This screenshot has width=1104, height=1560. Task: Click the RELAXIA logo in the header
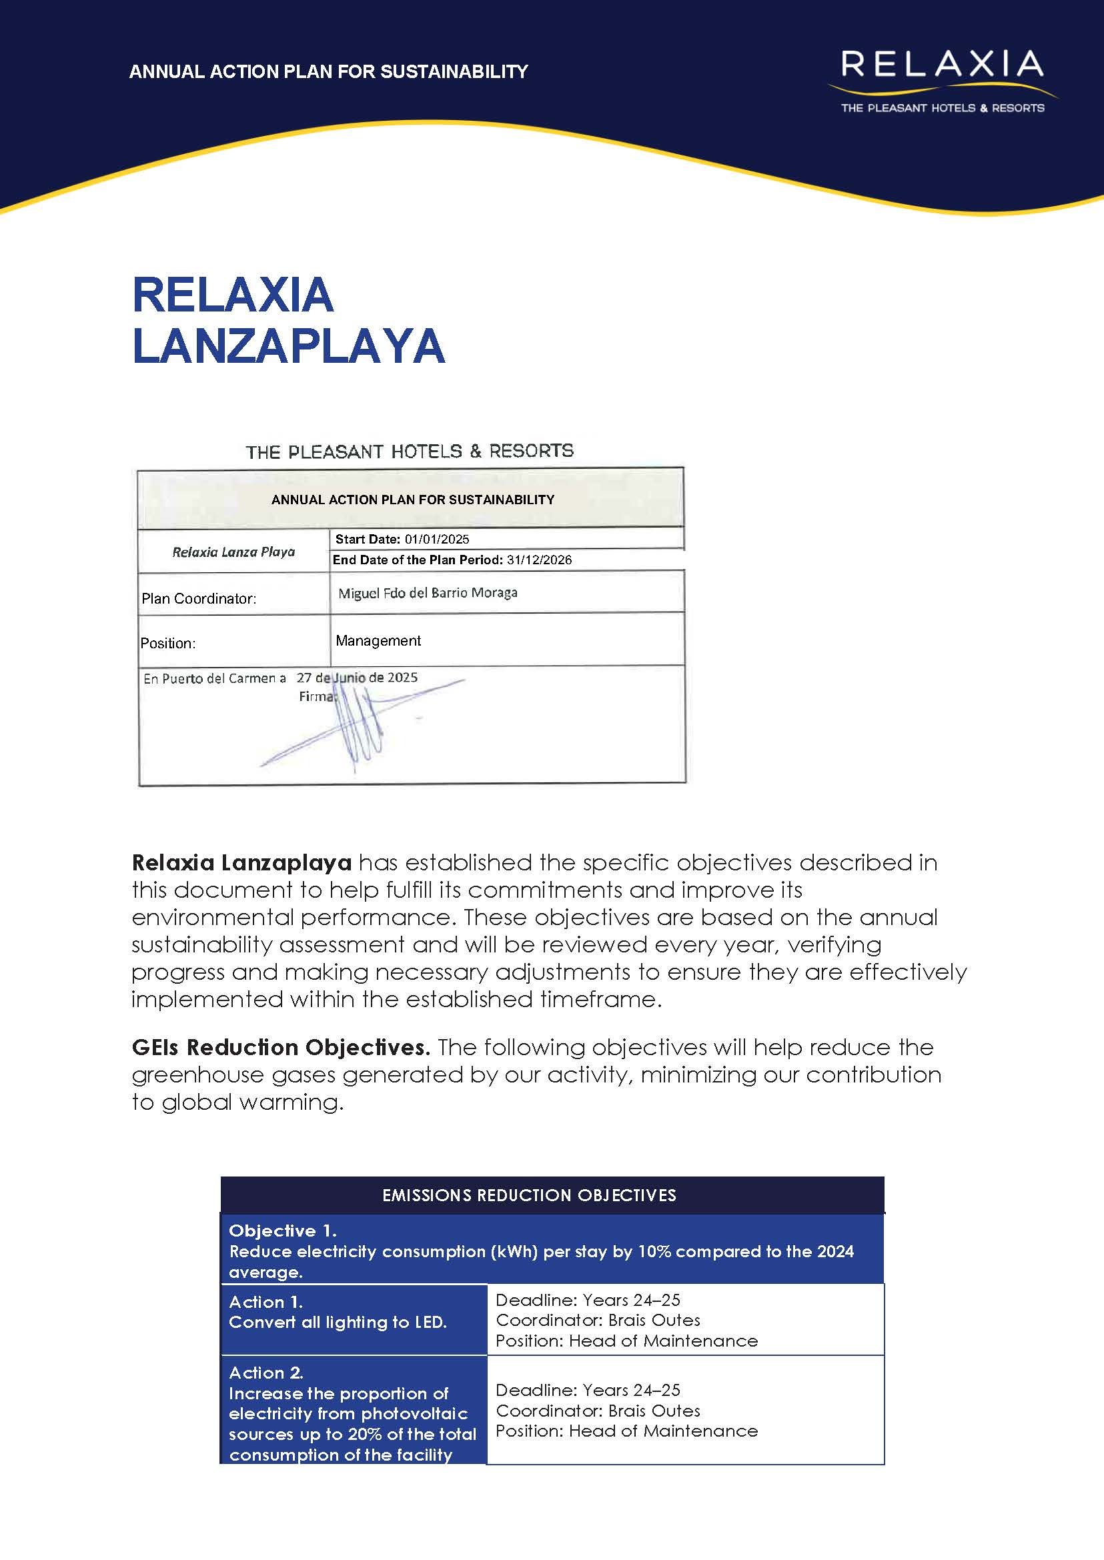[x=941, y=65]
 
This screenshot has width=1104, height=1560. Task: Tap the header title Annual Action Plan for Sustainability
[x=328, y=71]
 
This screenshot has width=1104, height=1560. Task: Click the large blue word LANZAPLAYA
[x=288, y=346]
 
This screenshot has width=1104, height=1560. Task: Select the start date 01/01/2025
[x=436, y=539]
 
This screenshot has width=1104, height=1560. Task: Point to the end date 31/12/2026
[x=539, y=560]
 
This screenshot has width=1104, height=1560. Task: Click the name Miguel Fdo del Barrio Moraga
[x=428, y=593]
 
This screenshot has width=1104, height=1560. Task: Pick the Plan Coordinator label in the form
[x=199, y=598]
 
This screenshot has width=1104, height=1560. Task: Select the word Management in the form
[x=378, y=640]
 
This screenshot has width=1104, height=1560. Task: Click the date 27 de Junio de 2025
[x=357, y=677]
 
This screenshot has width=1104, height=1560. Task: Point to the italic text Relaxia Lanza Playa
[x=233, y=552]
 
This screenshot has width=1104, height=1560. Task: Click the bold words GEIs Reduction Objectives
[x=281, y=1047]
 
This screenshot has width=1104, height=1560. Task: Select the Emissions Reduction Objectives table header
[x=529, y=1195]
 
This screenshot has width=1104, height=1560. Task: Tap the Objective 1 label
[x=282, y=1231]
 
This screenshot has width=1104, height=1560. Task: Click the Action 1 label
[x=265, y=1302]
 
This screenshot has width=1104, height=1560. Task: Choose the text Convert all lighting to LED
[x=337, y=1322]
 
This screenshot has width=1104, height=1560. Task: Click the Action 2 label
[x=265, y=1373]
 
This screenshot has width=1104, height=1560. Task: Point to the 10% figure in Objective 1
[x=654, y=1251]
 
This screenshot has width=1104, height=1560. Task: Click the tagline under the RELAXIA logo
[x=942, y=108]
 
